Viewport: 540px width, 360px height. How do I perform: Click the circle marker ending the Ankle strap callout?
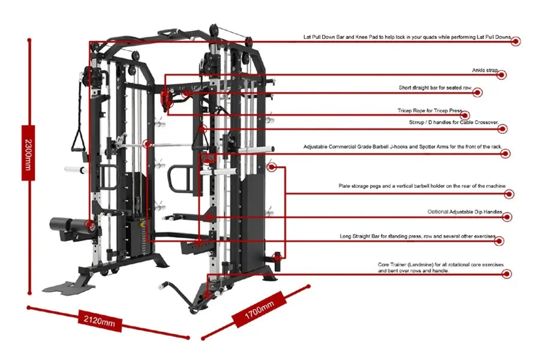(x=502, y=75)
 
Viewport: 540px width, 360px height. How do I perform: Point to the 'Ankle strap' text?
(x=485, y=70)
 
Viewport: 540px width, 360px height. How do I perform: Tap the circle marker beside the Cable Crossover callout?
(x=503, y=128)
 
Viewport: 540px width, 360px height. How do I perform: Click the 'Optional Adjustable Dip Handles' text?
(x=469, y=212)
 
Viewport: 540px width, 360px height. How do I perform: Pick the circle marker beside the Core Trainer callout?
(x=507, y=274)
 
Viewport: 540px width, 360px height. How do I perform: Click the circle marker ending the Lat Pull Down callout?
(x=515, y=41)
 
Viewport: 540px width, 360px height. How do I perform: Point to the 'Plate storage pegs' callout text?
(x=421, y=186)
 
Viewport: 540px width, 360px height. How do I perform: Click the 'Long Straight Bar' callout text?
(x=418, y=236)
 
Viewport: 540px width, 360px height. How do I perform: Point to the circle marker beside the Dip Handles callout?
(x=508, y=217)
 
